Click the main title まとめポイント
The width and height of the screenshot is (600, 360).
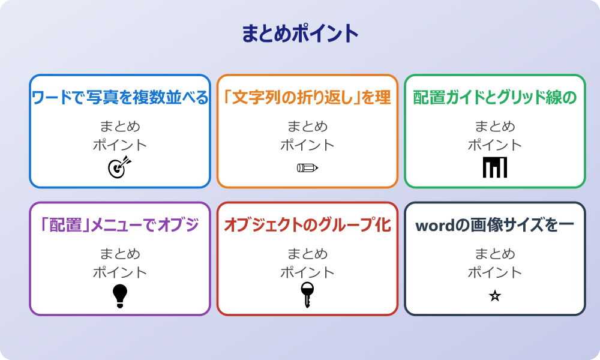pyautogui.click(x=300, y=34)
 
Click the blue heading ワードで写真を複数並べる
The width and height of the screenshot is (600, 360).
pyautogui.click(x=120, y=98)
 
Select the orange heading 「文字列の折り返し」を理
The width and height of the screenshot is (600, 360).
pyautogui.click(x=307, y=98)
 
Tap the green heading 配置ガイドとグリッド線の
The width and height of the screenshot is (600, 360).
pyautogui.click(x=495, y=98)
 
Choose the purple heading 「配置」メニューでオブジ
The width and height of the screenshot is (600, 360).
pyautogui.click(x=120, y=225)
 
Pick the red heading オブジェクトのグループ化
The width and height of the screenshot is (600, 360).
pyautogui.click(x=307, y=225)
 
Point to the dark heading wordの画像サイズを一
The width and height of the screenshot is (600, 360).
pyautogui.click(x=495, y=225)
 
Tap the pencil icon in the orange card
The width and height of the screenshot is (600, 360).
pyautogui.click(x=307, y=167)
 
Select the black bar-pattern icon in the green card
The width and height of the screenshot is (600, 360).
pyautogui.click(x=495, y=167)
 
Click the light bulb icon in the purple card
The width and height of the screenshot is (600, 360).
pyautogui.click(x=120, y=295)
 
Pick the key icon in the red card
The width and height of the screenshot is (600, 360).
pyautogui.click(x=307, y=295)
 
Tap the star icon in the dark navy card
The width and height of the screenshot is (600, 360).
pyautogui.click(x=495, y=296)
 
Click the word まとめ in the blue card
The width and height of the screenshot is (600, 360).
pyautogui.click(x=120, y=127)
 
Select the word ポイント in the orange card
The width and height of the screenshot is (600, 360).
pyautogui.click(x=307, y=145)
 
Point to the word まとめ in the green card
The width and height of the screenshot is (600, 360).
pyautogui.click(x=495, y=127)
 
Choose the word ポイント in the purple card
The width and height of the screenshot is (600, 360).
pyautogui.click(x=120, y=272)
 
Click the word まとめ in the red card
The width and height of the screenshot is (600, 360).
pyautogui.click(x=307, y=254)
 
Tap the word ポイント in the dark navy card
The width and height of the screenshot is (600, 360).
pyautogui.click(x=495, y=272)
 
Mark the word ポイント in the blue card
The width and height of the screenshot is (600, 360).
pyautogui.click(x=120, y=145)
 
